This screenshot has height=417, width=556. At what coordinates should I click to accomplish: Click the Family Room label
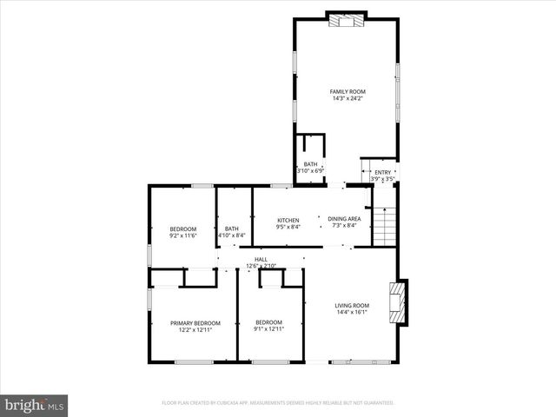(x=347, y=91)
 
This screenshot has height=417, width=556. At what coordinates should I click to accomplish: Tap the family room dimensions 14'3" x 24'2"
(x=347, y=98)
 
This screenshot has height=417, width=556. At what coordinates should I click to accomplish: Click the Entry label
(x=382, y=172)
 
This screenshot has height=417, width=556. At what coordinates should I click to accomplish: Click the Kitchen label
(x=288, y=220)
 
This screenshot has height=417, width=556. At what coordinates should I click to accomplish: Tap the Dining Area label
(x=344, y=219)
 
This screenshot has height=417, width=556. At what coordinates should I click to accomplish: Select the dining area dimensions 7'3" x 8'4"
(x=344, y=226)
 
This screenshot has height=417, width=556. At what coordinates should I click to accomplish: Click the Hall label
(x=261, y=259)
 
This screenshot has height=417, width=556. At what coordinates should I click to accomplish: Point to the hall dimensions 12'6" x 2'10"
(x=261, y=266)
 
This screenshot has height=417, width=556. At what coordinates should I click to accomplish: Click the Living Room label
(x=352, y=305)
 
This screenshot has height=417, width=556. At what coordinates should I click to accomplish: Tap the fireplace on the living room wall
(x=399, y=301)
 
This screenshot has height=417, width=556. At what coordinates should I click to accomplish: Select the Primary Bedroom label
(x=195, y=322)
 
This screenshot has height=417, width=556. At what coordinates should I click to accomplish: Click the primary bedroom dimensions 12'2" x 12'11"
(x=195, y=329)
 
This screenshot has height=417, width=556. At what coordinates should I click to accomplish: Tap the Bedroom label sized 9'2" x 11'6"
(x=182, y=228)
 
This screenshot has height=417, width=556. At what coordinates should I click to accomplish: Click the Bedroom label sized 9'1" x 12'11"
(x=268, y=322)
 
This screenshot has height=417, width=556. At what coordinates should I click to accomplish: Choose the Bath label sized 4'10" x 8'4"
(x=232, y=228)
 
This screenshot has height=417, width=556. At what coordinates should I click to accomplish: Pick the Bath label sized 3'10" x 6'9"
(x=310, y=164)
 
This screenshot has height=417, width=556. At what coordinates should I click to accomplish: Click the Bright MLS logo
(x=34, y=404)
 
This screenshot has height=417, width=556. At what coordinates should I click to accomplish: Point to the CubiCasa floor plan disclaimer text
(x=278, y=403)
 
